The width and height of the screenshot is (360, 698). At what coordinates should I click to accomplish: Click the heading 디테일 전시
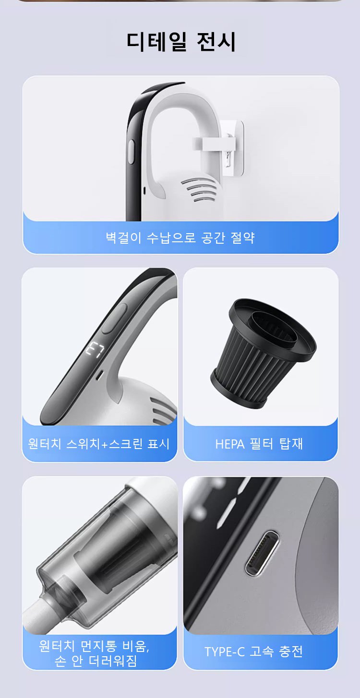tap(181, 41)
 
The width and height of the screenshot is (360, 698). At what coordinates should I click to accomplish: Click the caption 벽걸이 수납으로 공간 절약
tap(180, 238)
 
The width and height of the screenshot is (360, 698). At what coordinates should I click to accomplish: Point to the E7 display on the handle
tap(95, 351)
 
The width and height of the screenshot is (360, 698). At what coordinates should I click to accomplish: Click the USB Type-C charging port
tap(262, 554)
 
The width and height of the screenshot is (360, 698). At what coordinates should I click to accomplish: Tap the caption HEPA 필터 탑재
tap(259, 444)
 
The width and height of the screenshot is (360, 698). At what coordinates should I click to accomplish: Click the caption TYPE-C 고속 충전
tap(253, 651)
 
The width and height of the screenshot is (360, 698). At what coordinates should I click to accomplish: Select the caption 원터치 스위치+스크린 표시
tap(99, 444)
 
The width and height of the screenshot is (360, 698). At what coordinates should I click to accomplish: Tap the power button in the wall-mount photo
tap(131, 152)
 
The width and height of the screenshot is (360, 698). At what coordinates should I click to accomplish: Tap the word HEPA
tap(230, 444)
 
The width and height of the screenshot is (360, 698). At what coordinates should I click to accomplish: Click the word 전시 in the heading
tap(216, 41)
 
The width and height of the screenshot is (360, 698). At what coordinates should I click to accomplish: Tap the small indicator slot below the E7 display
tap(99, 375)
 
